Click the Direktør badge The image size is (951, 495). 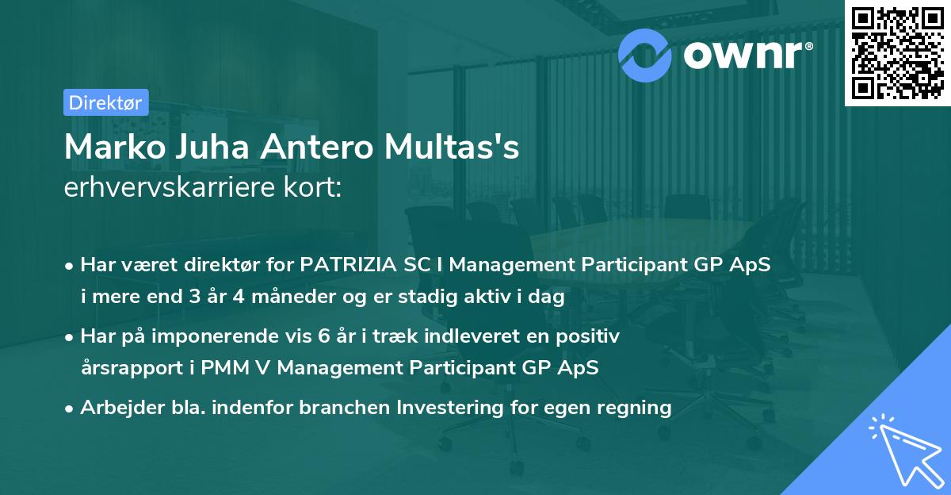point(105,102)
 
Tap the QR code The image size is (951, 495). point(897,53)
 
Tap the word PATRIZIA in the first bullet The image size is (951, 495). point(343,266)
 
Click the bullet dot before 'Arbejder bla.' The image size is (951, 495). point(71,409)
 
